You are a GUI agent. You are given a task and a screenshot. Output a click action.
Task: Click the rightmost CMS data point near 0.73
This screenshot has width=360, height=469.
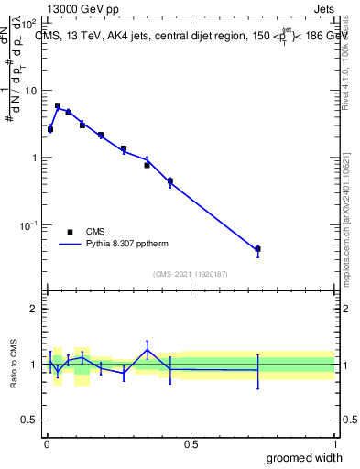[x=257, y=248]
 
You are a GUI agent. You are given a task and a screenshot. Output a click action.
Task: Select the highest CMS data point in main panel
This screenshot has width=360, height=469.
[x=58, y=106]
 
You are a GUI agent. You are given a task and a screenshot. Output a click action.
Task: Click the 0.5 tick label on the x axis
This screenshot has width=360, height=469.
[x=190, y=444]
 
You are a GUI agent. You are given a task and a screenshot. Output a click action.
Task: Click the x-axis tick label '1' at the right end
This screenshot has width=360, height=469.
[x=334, y=444]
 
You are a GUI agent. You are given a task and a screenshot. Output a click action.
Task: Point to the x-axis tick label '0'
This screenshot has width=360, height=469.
[x=47, y=444]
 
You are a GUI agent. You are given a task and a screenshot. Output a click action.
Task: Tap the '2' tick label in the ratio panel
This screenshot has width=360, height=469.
[x=34, y=309]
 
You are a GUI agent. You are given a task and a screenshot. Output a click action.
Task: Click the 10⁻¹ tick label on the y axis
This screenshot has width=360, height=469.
[x=27, y=225]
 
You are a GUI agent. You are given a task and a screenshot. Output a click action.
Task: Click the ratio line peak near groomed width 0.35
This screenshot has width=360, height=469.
[x=147, y=350]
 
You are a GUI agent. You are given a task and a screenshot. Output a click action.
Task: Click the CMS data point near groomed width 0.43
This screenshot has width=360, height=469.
[x=170, y=181]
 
